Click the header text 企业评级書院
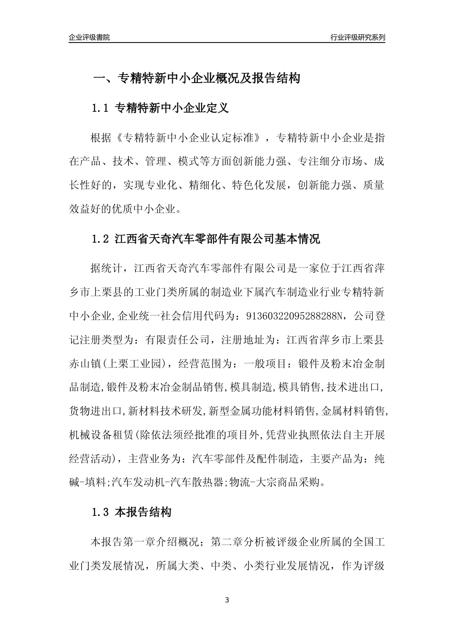click(89, 37)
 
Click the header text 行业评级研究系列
click(357, 37)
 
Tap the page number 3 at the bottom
click(227, 600)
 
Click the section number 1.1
click(101, 108)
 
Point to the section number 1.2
click(101, 239)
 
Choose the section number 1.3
click(101, 513)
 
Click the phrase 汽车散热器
click(197, 482)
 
